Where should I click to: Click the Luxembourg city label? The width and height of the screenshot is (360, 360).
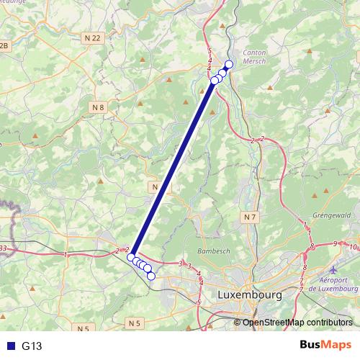coord(248,295)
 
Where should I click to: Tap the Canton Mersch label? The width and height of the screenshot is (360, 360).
coord(256,57)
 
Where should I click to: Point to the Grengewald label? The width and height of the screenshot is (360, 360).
coord(333,215)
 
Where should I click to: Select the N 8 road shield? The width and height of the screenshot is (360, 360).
coord(99,107)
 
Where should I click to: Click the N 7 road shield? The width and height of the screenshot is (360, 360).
coord(250,217)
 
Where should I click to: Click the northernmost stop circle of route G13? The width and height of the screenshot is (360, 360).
coord(229,64)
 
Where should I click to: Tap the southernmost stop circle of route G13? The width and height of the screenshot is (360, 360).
coord(151,276)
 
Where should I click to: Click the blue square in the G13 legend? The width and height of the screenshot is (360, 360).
coord(10,346)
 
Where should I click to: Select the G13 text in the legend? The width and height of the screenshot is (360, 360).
coord(32,346)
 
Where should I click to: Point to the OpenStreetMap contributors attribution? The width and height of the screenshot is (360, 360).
coord(298,323)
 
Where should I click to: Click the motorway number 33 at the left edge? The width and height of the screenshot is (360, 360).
coord(4,248)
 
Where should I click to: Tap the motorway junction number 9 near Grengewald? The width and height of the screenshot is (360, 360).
coord(336,245)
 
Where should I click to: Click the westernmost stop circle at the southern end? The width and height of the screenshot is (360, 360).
coord(131,257)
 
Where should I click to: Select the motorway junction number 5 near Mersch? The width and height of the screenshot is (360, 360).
coord(209,51)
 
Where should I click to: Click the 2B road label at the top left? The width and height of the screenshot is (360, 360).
coord(6,45)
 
